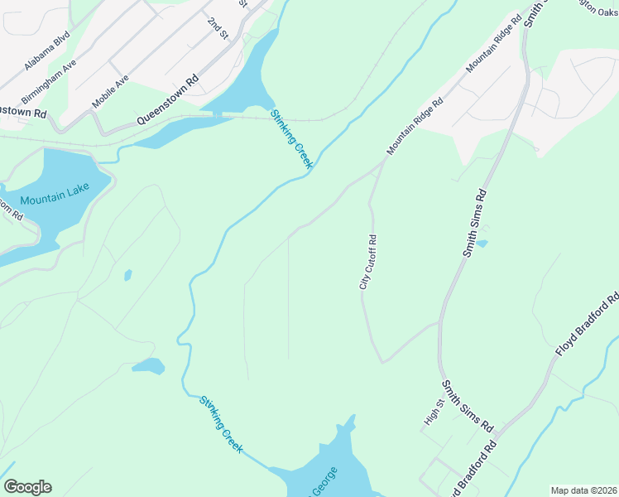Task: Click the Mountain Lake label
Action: point(55,200)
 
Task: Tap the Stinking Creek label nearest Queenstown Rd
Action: point(291,139)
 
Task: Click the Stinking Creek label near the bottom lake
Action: point(221,424)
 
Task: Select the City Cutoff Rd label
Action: point(368,262)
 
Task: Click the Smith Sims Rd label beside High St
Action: point(468,407)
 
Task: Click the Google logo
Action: point(27,487)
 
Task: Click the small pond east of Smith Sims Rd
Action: point(482,244)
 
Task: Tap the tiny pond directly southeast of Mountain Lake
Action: point(127,274)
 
